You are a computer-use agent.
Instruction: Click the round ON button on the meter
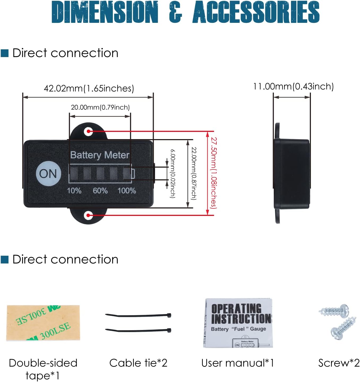[48, 173]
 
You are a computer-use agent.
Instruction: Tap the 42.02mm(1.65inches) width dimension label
[89, 88]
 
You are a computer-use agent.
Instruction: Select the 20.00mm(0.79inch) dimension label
[100, 107]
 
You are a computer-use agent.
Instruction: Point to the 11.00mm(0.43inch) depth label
[293, 87]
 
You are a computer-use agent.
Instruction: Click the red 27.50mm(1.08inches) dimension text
[214, 173]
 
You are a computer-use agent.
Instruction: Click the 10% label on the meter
[74, 191]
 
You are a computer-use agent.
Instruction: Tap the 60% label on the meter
[100, 191]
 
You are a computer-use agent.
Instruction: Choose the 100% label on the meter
[127, 191]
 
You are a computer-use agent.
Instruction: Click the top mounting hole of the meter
[88, 131]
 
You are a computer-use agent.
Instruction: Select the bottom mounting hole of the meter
[88, 215]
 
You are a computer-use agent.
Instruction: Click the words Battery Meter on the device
[100, 155]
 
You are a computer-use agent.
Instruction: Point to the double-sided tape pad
[43, 323]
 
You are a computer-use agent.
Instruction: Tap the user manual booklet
[238, 323]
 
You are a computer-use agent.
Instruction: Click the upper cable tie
[138, 316]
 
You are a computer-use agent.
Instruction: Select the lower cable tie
[138, 331]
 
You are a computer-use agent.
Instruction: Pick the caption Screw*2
[339, 363]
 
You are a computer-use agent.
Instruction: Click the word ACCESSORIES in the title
[256, 12]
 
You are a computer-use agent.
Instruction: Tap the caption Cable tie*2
[138, 363]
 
